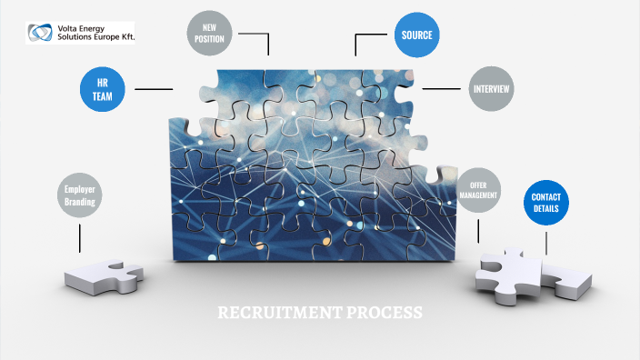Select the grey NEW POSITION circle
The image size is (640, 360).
click(x=214, y=34)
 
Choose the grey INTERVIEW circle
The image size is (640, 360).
click(x=492, y=89)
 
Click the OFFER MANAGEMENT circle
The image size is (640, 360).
click(x=478, y=189)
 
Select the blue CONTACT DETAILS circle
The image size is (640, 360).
click(x=546, y=204)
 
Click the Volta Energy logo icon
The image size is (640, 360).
click(x=41, y=34)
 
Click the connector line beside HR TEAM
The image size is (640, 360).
click(x=154, y=89)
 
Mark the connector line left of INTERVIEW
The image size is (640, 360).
click(x=443, y=89)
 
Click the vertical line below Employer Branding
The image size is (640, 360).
click(x=80, y=237)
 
